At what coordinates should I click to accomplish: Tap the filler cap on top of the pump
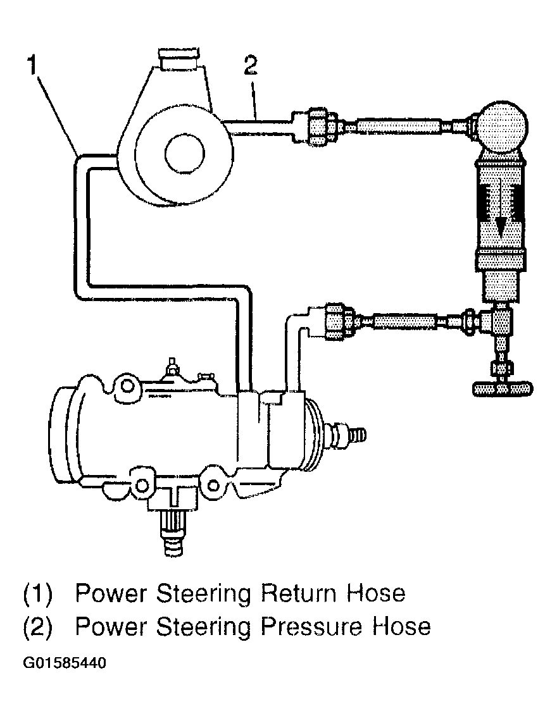[x=179, y=59]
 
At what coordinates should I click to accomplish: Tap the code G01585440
[x=64, y=665]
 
